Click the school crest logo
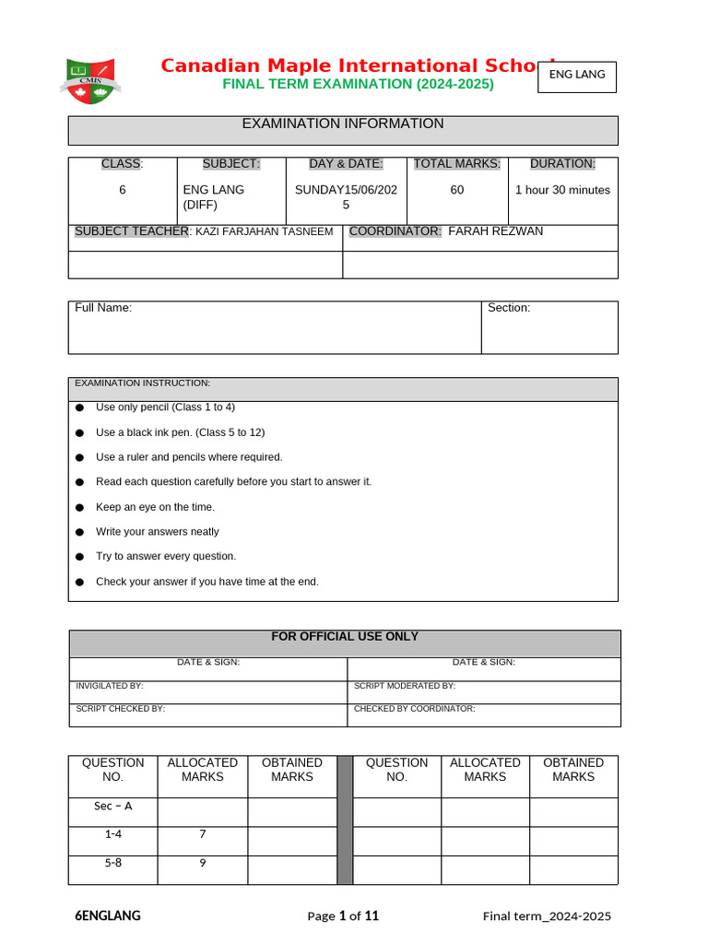tap(91, 79)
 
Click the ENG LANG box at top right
tap(577, 75)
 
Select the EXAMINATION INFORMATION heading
tap(343, 124)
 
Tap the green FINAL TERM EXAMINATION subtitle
tap(358, 84)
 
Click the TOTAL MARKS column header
tap(457, 164)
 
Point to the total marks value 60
tap(457, 190)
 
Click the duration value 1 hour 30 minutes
tap(562, 190)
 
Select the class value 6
tap(122, 190)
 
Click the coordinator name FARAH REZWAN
tap(495, 231)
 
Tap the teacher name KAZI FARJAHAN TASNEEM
tap(265, 232)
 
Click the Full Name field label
tap(103, 308)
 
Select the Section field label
tap(509, 308)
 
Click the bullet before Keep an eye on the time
tap(79, 507)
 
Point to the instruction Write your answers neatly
tap(158, 532)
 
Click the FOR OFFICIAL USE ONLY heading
tap(345, 637)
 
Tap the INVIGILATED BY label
tap(110, 686)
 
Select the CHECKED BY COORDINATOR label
tap(414, 709)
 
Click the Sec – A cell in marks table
tap(113, 807)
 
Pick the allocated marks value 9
tap(203, 864)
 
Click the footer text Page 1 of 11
tap(343, 916)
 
